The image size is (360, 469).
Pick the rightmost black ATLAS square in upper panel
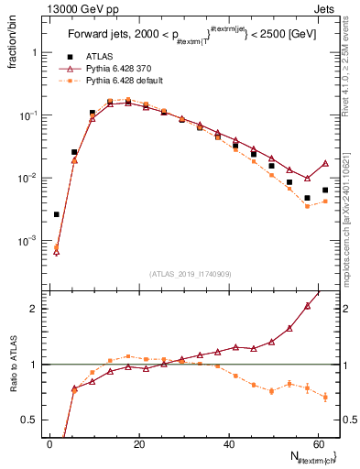click(x=325, y=191)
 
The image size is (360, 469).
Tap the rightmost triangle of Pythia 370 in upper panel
click(x=325, y=163)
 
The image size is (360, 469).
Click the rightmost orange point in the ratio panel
click(x=325, y=397)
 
